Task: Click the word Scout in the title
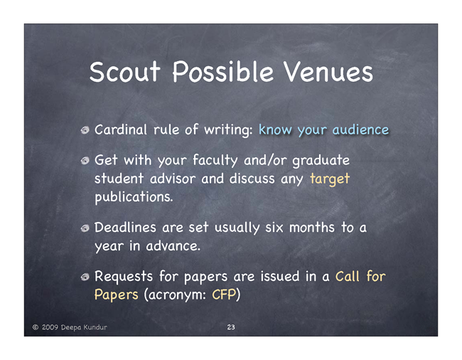click(x=124, y=72)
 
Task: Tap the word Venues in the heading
click(x=328, y=72)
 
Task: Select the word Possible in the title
click(x=222, y=72)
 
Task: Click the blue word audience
click(x=360, y=129)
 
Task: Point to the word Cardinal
click(x=121, y=129)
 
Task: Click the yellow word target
click(x=330, y=179)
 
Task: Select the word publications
click(x=134, y=197)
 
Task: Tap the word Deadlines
click(x=125, y=228)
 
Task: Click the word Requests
click(x=124, y=277)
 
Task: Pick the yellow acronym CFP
click(x=224, y=295)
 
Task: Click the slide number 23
click(x=231, y=327)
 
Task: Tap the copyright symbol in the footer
click(x=36, y=327)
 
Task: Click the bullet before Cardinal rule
click(x=85, y=130)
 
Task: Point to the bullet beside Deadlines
click(x=85, y=228)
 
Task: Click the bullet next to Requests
click(x=85, y=277)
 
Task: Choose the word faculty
click(x=215, y=161)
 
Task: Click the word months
click(x=312, y=228)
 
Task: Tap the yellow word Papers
click(x=116, y=295)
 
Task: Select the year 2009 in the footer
click(x=50, y=327)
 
